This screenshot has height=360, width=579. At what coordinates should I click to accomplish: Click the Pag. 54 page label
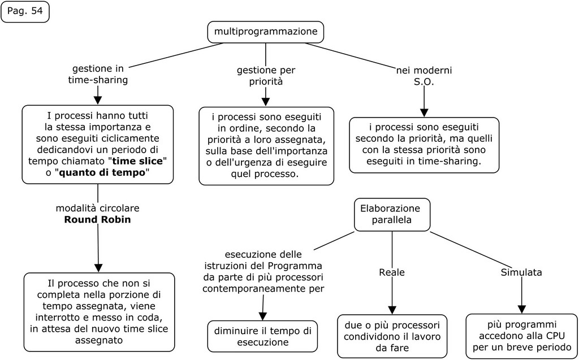(25, 12)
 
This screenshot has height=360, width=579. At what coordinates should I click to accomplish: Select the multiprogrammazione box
(266, 32)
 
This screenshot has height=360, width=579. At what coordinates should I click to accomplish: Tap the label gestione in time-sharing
(98, 75)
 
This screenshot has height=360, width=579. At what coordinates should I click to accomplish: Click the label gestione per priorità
(266, 76)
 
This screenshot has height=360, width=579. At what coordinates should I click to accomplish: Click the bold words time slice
(138, 161)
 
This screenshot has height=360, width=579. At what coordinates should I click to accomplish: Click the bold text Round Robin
(97, 219)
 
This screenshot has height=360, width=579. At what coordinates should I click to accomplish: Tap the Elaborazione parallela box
(392, 214)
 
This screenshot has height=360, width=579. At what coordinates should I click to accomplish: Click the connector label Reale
(392, 272)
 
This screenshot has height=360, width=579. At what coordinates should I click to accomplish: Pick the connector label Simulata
(521, 272)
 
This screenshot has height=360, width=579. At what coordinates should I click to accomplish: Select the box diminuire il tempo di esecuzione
(262, 336)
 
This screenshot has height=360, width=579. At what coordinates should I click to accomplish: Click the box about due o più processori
(392, 336)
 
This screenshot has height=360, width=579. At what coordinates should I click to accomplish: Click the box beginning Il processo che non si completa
(98, 312)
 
